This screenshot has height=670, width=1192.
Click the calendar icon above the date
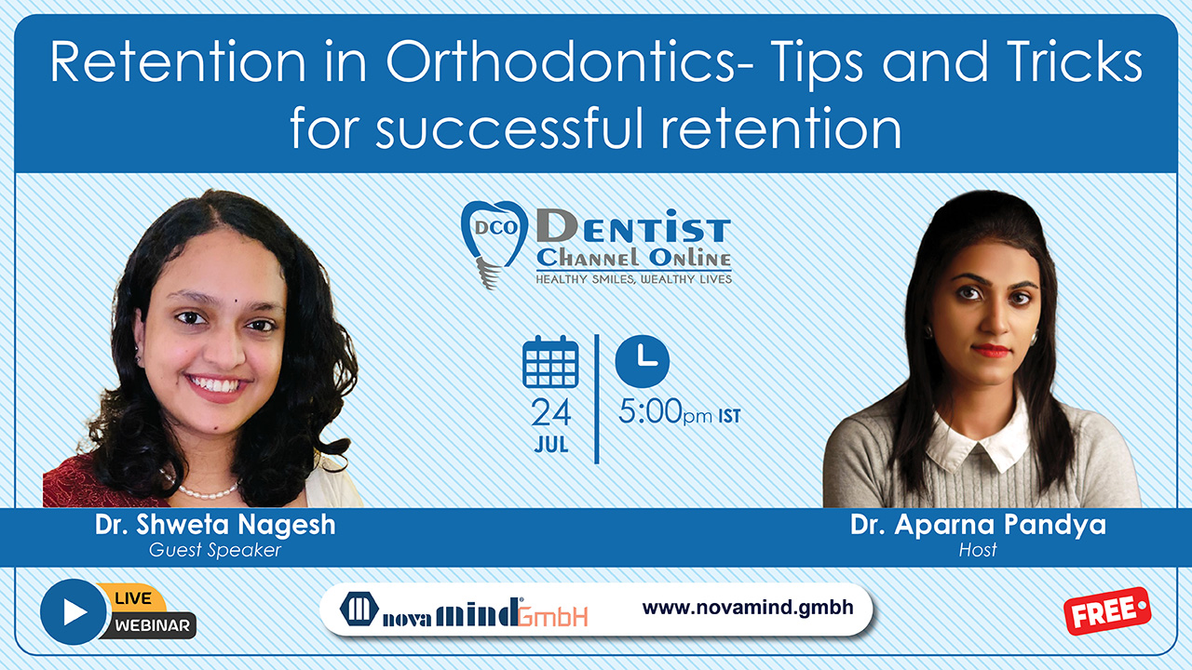tap(550, 362)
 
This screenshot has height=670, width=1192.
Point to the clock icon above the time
tap(643, 361)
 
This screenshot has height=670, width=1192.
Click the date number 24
tap(550, 412)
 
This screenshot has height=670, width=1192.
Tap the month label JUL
tap(550, 445)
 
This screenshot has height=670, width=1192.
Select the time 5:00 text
tap(650, 411)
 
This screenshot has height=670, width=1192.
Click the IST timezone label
tap(729, 416)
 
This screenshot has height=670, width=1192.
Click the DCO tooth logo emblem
tap(494, 243)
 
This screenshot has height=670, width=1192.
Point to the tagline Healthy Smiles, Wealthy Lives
tap(634, 279)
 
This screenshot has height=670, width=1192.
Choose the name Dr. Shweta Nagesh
tap(215, 524)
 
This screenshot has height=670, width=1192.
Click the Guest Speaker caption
tap(215, 550)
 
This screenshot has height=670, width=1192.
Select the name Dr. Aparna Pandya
tap(978, 526)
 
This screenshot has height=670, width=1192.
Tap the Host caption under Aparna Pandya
tap(978, 550)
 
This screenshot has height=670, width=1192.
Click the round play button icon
tap(74, 611)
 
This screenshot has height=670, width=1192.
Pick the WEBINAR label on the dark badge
tap(152, 625)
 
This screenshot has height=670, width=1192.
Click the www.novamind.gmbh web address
tap(748, 608)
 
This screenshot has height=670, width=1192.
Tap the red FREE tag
tap(1107, 611)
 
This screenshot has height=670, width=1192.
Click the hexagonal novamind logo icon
tap(359, 609)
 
